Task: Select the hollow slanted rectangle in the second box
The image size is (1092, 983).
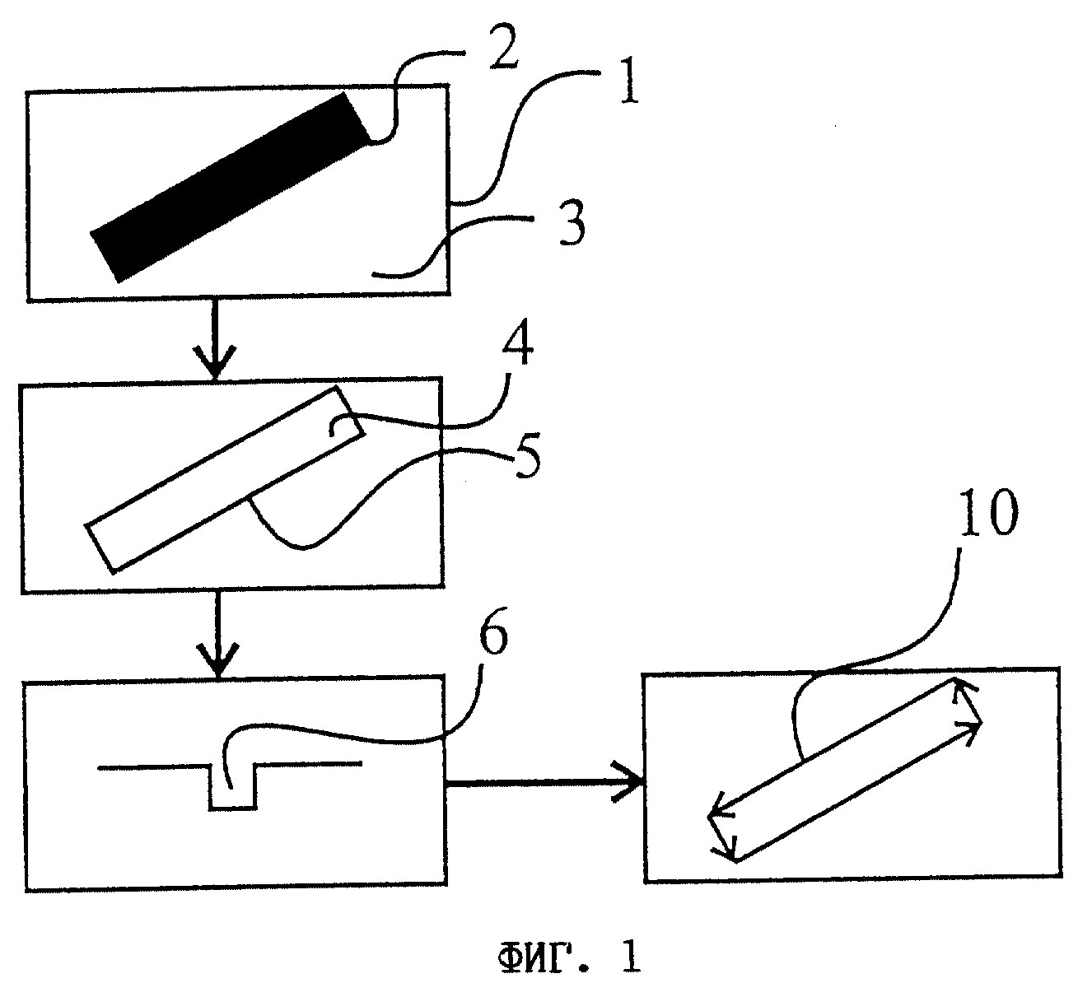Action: point(225,479)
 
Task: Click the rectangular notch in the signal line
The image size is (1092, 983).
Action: point(232,787)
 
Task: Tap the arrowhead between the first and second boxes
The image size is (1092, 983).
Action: point(216,361)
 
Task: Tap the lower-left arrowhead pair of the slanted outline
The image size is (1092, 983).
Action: point(723,833)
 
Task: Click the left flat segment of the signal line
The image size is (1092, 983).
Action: point(153,767)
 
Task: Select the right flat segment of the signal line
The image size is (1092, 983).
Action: point(308,765)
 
